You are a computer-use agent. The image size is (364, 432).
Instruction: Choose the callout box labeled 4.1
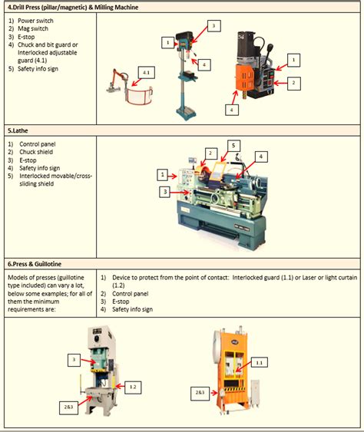(145, 72)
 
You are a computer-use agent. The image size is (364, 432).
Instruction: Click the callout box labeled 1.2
(133, 387)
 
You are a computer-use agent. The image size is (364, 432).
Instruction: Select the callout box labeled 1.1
(259, 362)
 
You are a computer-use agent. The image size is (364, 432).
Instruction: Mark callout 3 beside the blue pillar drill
(214, 26)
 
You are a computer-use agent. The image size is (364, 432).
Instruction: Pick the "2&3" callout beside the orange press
(200, 392)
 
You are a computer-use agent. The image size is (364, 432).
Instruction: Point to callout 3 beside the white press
(74, 358)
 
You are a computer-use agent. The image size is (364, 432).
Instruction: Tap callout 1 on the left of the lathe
(163, 175)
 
